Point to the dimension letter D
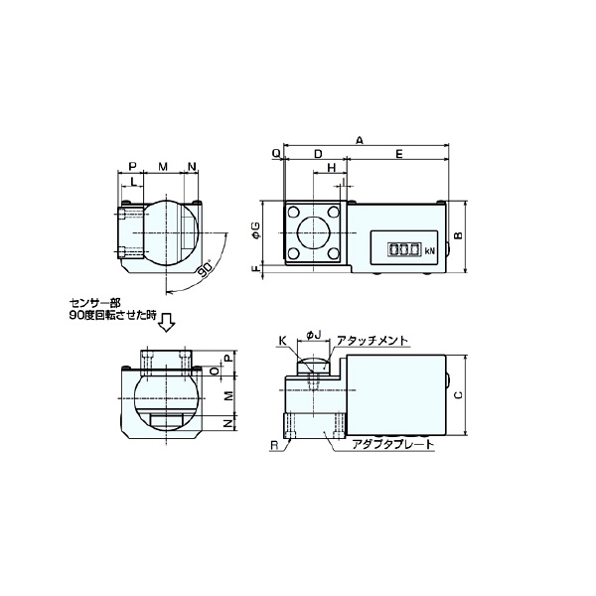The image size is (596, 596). pos(317,154)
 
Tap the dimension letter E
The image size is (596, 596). pos(397,154)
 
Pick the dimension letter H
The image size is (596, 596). pos(329,169)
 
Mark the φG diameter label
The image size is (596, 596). pos(255,234)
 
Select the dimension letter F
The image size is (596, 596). pos(255,269)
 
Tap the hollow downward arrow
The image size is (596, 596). pos(167,320)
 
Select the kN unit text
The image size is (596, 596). pos(429,252)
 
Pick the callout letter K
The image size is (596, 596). pos(282,340)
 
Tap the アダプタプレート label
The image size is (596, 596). pos(393,444)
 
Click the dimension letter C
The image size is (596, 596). pos(458,394)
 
